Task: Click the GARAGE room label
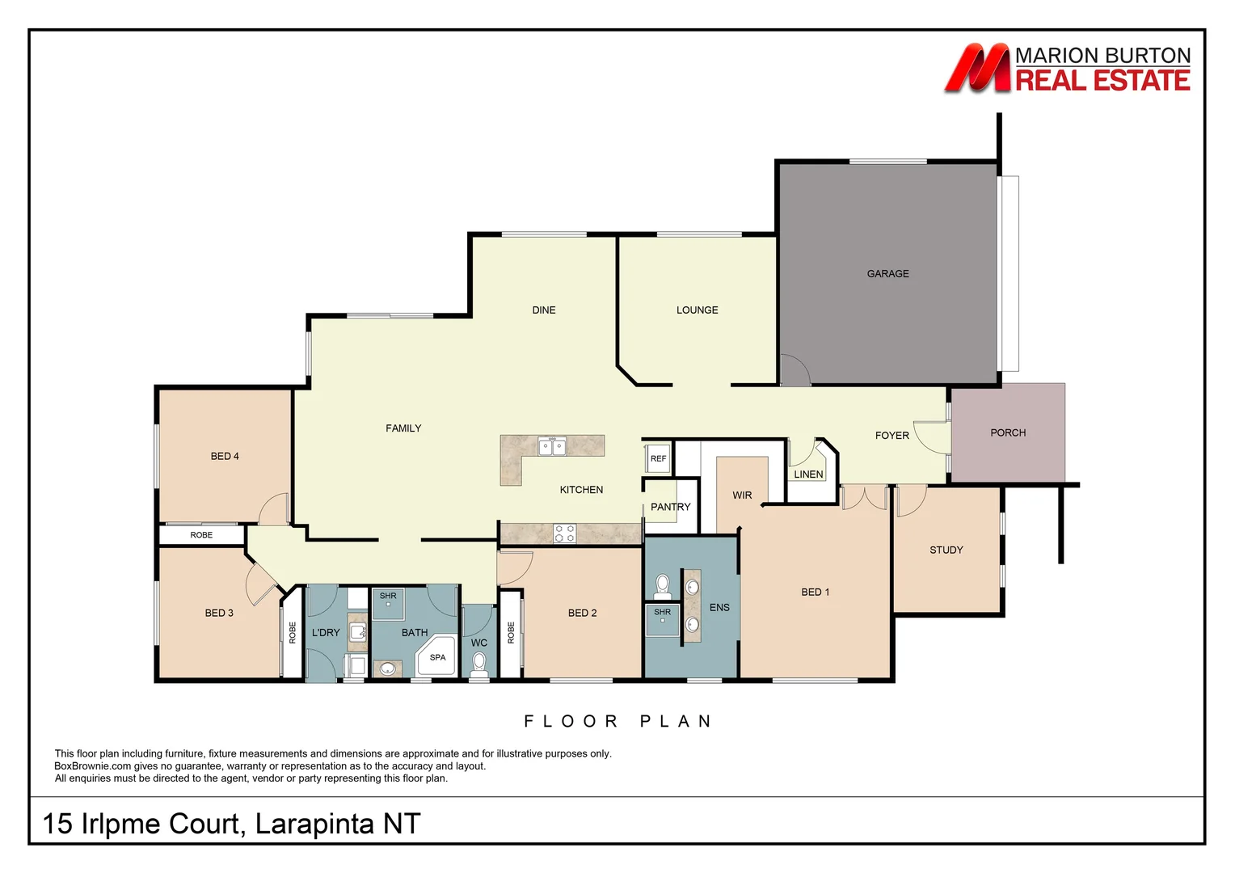point(887,273)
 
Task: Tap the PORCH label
point(1008,433)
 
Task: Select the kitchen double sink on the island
point(552,446)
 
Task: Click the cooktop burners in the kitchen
point(565,533)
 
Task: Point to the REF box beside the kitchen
point(658,458)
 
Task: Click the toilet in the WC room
point(478,664)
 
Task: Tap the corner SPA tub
point(436,656)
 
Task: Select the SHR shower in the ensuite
point(662,620)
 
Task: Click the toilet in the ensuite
point(662,587)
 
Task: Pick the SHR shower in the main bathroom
point(388,604)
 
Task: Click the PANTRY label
point(670,507)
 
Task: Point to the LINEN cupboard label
point(808,474)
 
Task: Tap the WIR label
point(742,496)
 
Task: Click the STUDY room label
point(946,550)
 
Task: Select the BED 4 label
point(225,456)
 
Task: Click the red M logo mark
point(977,68)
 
